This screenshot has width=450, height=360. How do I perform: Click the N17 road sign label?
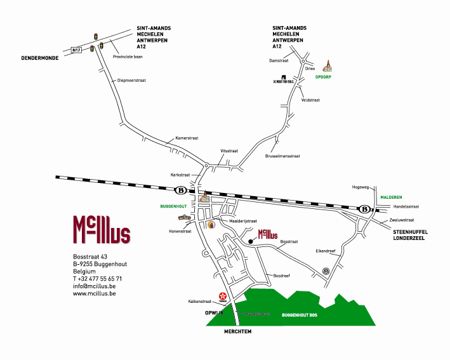click(x=77, y=49)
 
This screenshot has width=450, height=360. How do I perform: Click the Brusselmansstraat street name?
click(x=282, y=156)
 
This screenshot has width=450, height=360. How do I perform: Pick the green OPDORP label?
click(x=324, y=77)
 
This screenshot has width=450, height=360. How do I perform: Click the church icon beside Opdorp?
click(x=328, y=65)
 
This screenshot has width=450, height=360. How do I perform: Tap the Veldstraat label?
click(x=310, y=100)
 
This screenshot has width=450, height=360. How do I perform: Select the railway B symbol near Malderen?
click(x=366, y=209)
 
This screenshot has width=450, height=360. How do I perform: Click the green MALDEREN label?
click(x=392, y=197)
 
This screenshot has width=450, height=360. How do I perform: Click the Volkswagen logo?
click(x=327, y=270)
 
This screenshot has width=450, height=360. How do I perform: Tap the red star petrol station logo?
click(x=223, y=296)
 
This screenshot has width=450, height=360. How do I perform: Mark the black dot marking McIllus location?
click(x=252, y=241)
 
